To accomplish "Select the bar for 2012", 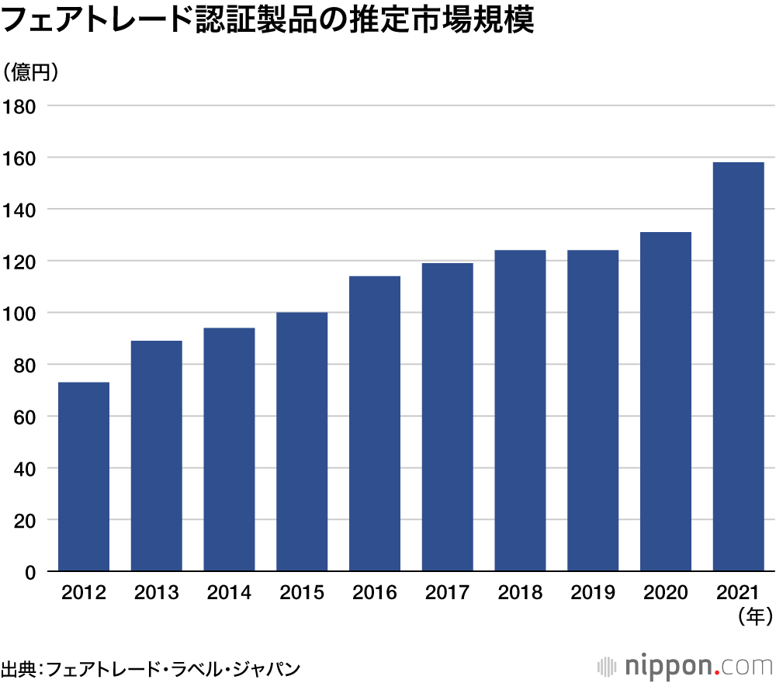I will pos(84,477).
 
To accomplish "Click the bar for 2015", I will pos(302,442).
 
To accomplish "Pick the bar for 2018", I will pos(520,411).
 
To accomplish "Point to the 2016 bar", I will pos(375,424).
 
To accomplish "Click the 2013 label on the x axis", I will pos(156,593).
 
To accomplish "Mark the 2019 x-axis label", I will pos(593,593).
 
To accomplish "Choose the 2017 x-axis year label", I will pos(447,593).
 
